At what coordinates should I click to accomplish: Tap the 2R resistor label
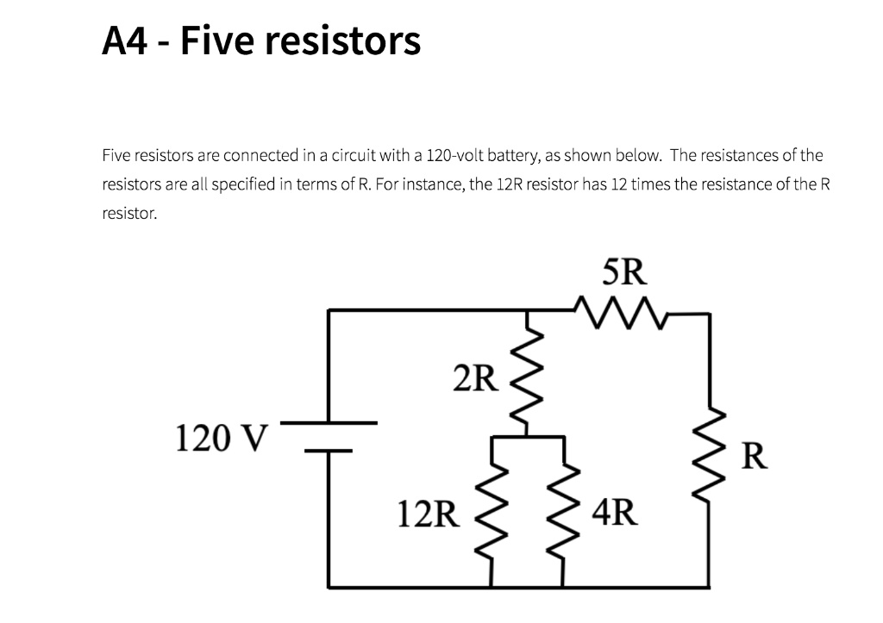point(473,377)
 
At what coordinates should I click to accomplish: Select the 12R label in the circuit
point(428,514)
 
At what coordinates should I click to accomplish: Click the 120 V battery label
point(222,438)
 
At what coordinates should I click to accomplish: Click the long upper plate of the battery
point(329,423)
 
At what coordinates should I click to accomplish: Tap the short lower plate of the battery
point(328,450)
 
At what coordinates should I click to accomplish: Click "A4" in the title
point(126,40)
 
